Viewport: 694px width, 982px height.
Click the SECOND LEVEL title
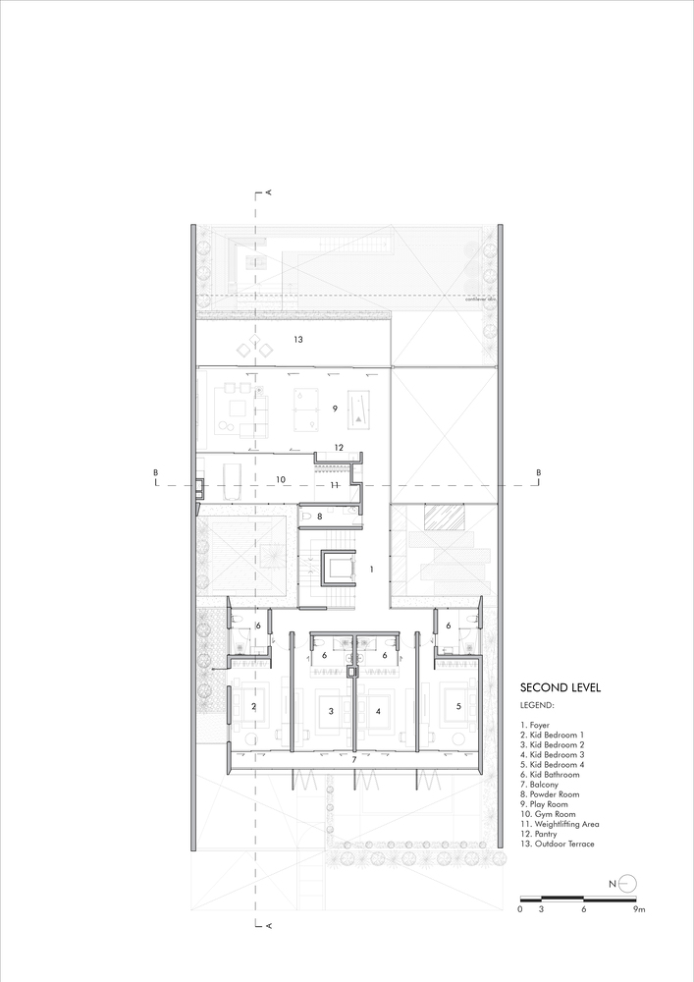[560, 687]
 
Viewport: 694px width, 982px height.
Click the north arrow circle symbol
[628, 883]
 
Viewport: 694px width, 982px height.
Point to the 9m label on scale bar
[640, 910]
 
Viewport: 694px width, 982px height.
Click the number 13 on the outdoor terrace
[297, 340]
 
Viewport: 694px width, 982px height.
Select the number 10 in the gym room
[280, 479]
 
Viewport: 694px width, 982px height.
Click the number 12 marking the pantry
[338, 448]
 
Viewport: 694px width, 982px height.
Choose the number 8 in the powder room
[319, 516]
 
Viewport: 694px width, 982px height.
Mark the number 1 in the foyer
[371, 569]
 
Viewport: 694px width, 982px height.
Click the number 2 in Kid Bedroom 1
[254, 706]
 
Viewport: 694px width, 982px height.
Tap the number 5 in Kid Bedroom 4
[457, 706]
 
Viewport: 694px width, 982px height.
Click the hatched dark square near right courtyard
[438, 517]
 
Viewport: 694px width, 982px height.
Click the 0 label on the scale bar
[520, 910]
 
